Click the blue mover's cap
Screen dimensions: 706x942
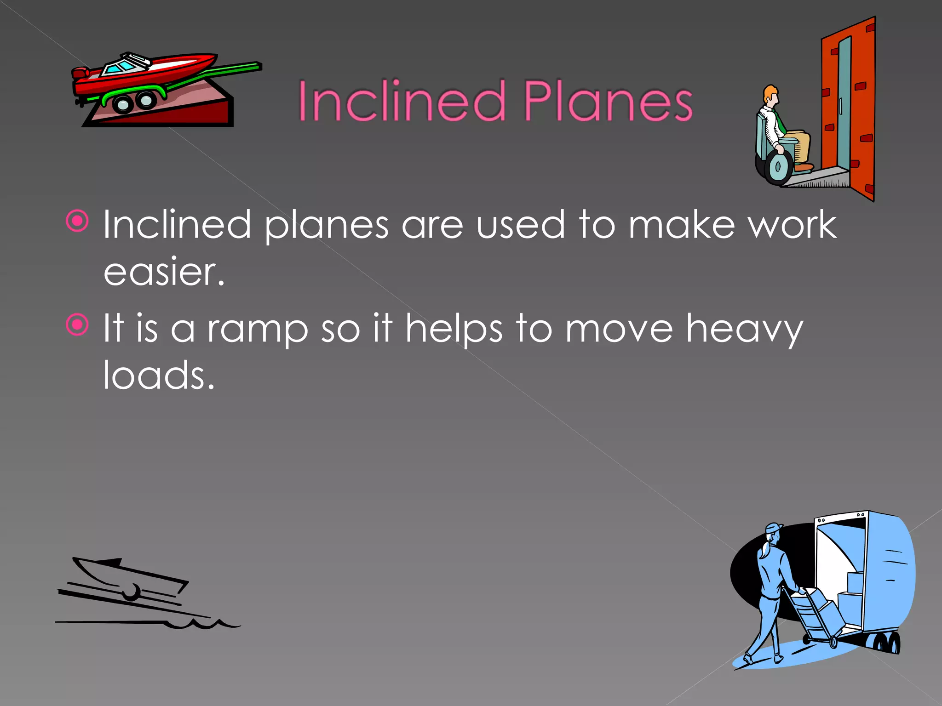(x=774, y=528)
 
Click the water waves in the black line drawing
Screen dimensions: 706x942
(x=202, y=624)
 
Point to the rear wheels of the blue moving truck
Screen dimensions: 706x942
(x=885, y=643)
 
